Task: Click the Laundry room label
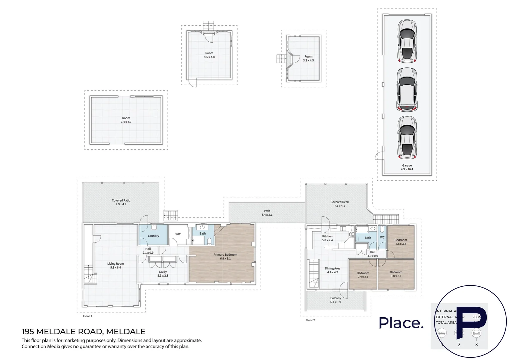tap(153, 236)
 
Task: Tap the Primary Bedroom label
tap(225, 256)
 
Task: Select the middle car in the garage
tap(407, 89)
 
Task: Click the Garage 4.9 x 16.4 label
tap(407, 167)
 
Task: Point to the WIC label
tap(178, 234)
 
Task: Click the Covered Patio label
tap(121, 202)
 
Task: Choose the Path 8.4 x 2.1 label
tap(267, 213)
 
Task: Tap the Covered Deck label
tap(339, 204)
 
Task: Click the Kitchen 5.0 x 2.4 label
tap(327, 238)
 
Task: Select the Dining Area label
tap(332, 270)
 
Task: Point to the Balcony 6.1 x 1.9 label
tap(335, 300)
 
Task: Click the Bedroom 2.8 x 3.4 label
tap(401, 242)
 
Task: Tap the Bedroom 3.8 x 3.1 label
tap(396, 274)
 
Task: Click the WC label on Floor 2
tap(382, 238)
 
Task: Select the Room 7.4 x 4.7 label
tap(126, 120)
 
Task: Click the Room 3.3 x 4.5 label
tap(308, 58)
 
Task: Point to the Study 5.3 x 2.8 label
tap(163, 274)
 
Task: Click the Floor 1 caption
tap(87, 316)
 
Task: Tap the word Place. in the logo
tap(401, 323)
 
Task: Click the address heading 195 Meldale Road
tap(83, 332)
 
